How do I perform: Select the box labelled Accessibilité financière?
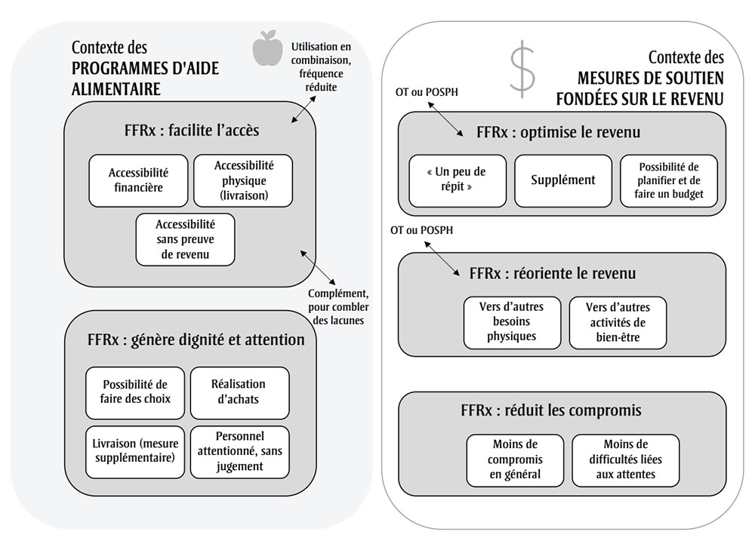(138, 180)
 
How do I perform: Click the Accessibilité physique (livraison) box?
(243, 180)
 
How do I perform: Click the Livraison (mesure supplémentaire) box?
(133, 451)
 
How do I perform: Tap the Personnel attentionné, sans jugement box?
(239, 451)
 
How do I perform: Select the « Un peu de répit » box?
(458, 180)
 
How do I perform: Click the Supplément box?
(563, 180)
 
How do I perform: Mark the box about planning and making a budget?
(669, 180)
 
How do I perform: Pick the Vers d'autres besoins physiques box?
(513, 322)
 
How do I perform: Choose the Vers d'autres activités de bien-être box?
(618, 322)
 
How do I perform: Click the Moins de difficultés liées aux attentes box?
(625, 459)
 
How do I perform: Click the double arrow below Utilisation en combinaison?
(305, 109)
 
